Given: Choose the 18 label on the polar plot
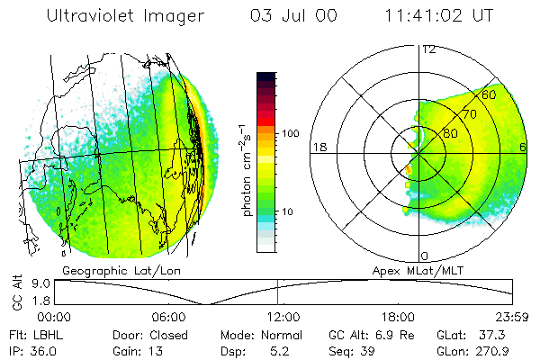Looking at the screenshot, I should click(318, 147).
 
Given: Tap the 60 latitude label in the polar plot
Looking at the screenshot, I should click(490, 94).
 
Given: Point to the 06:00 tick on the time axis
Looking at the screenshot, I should click(169, 317).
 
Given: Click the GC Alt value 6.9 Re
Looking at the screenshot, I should click(370, 333).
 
